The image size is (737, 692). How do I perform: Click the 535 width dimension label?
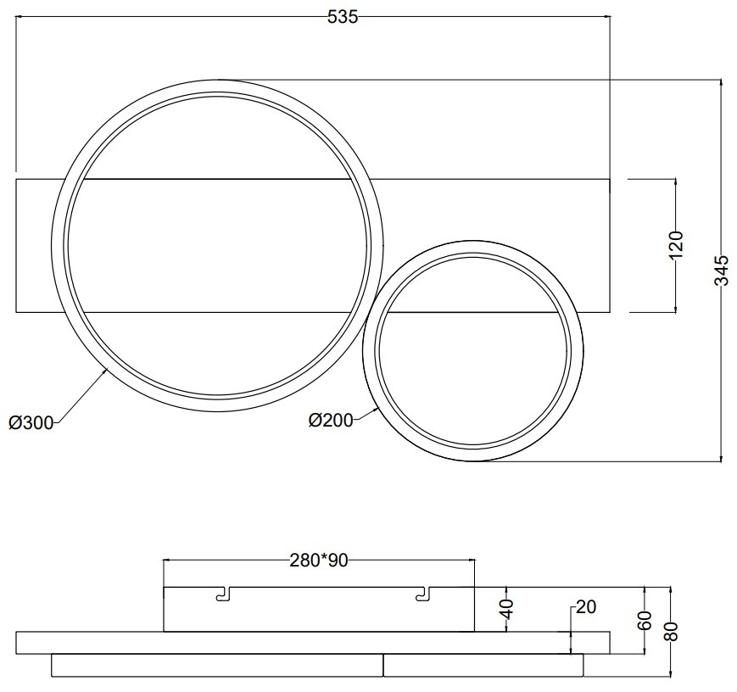342,17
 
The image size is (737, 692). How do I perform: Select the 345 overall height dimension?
721,271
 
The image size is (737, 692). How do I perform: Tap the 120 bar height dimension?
675,244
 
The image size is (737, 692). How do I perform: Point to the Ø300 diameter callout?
31,423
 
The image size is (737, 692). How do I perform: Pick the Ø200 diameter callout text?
331,420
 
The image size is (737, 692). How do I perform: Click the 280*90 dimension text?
319,561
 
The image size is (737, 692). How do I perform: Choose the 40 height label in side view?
507,610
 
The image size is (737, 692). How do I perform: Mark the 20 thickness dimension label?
586,607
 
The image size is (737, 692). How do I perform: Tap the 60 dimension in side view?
645,621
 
